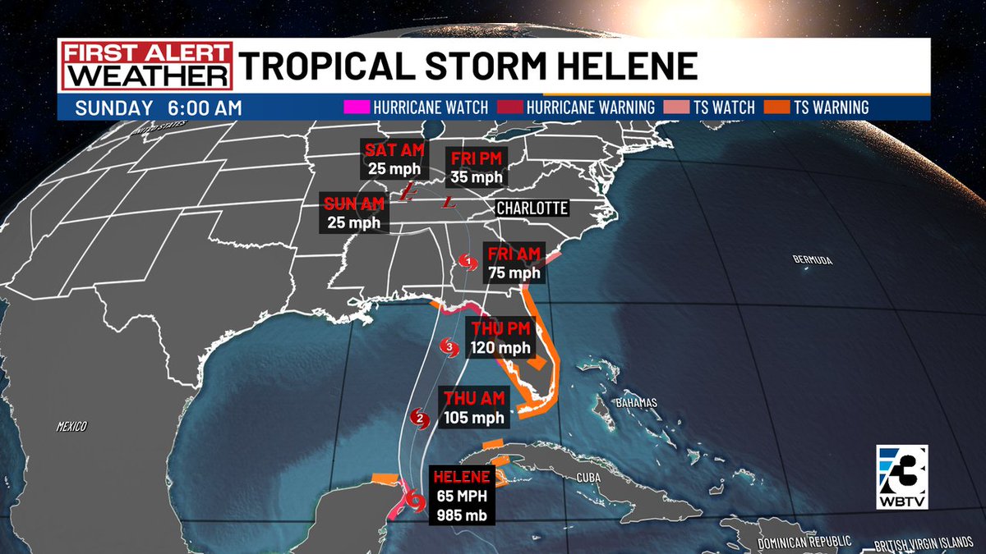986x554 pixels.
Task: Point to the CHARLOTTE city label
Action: click(532, 208)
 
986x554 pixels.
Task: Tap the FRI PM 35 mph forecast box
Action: click(474, 167)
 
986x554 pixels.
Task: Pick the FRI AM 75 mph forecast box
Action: click(513, 263)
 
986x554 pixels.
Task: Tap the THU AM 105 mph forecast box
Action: click(474, 407)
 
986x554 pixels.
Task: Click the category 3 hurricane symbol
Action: click(449, 346)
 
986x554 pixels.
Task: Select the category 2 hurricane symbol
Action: click(420, 418)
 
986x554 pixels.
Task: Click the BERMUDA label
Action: click(813, 260)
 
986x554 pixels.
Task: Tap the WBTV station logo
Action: click(901, 474)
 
